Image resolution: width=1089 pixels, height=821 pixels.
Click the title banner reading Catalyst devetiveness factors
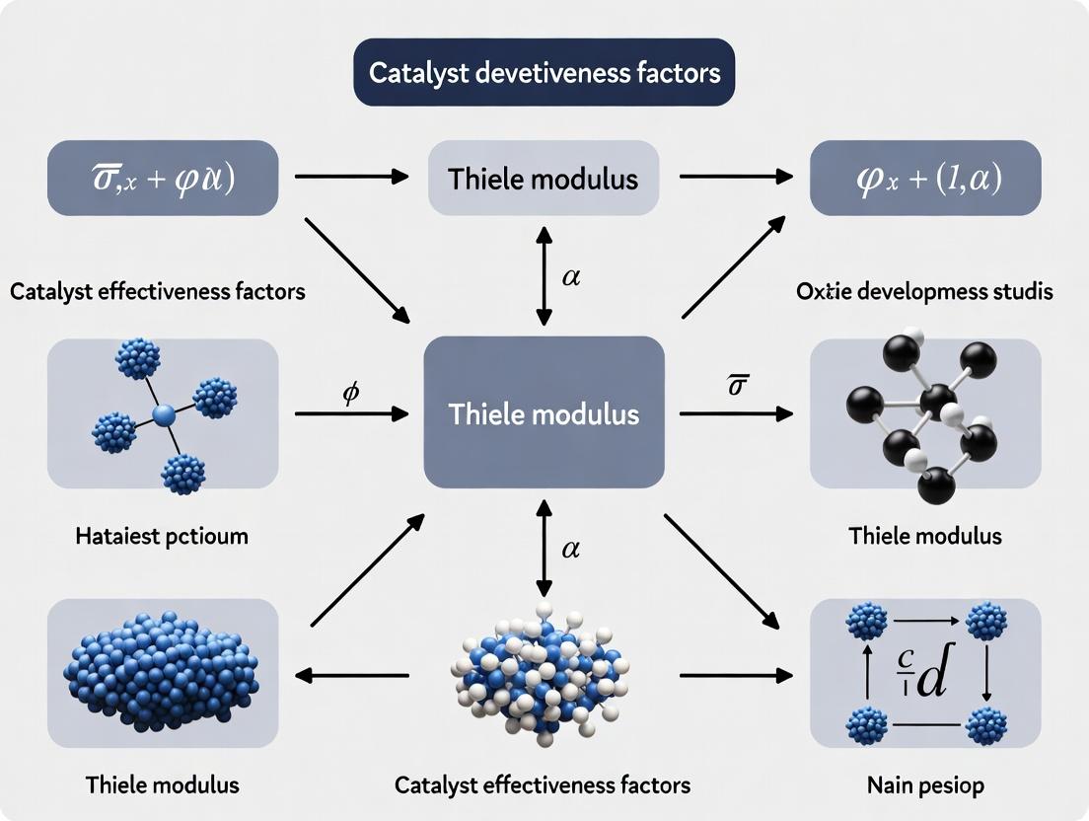(544, 72)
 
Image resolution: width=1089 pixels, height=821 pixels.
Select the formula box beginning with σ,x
(163, 178)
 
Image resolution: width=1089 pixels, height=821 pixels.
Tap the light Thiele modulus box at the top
(544, 178)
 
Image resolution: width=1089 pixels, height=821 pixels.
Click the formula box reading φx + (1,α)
(925, 178)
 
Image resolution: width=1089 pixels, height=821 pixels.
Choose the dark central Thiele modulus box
(544, 412)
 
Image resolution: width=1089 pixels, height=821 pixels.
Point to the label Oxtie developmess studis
(923, 292)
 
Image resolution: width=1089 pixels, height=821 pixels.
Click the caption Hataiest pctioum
(162, 537)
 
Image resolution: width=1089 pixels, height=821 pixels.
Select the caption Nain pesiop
(924, 786)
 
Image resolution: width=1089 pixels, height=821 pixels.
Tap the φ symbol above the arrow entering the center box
(350, 392)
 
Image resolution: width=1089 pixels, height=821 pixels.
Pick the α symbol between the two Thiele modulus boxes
(570, 277)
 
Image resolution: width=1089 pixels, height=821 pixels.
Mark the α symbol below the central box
(570, 550)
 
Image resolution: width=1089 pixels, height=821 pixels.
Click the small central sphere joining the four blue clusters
(164, 413)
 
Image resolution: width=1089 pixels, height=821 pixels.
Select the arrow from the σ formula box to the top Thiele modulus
(351, 177)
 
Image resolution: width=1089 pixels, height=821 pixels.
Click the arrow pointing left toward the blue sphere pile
(352, 676)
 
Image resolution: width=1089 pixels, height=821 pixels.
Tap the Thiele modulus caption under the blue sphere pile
(162, 786)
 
